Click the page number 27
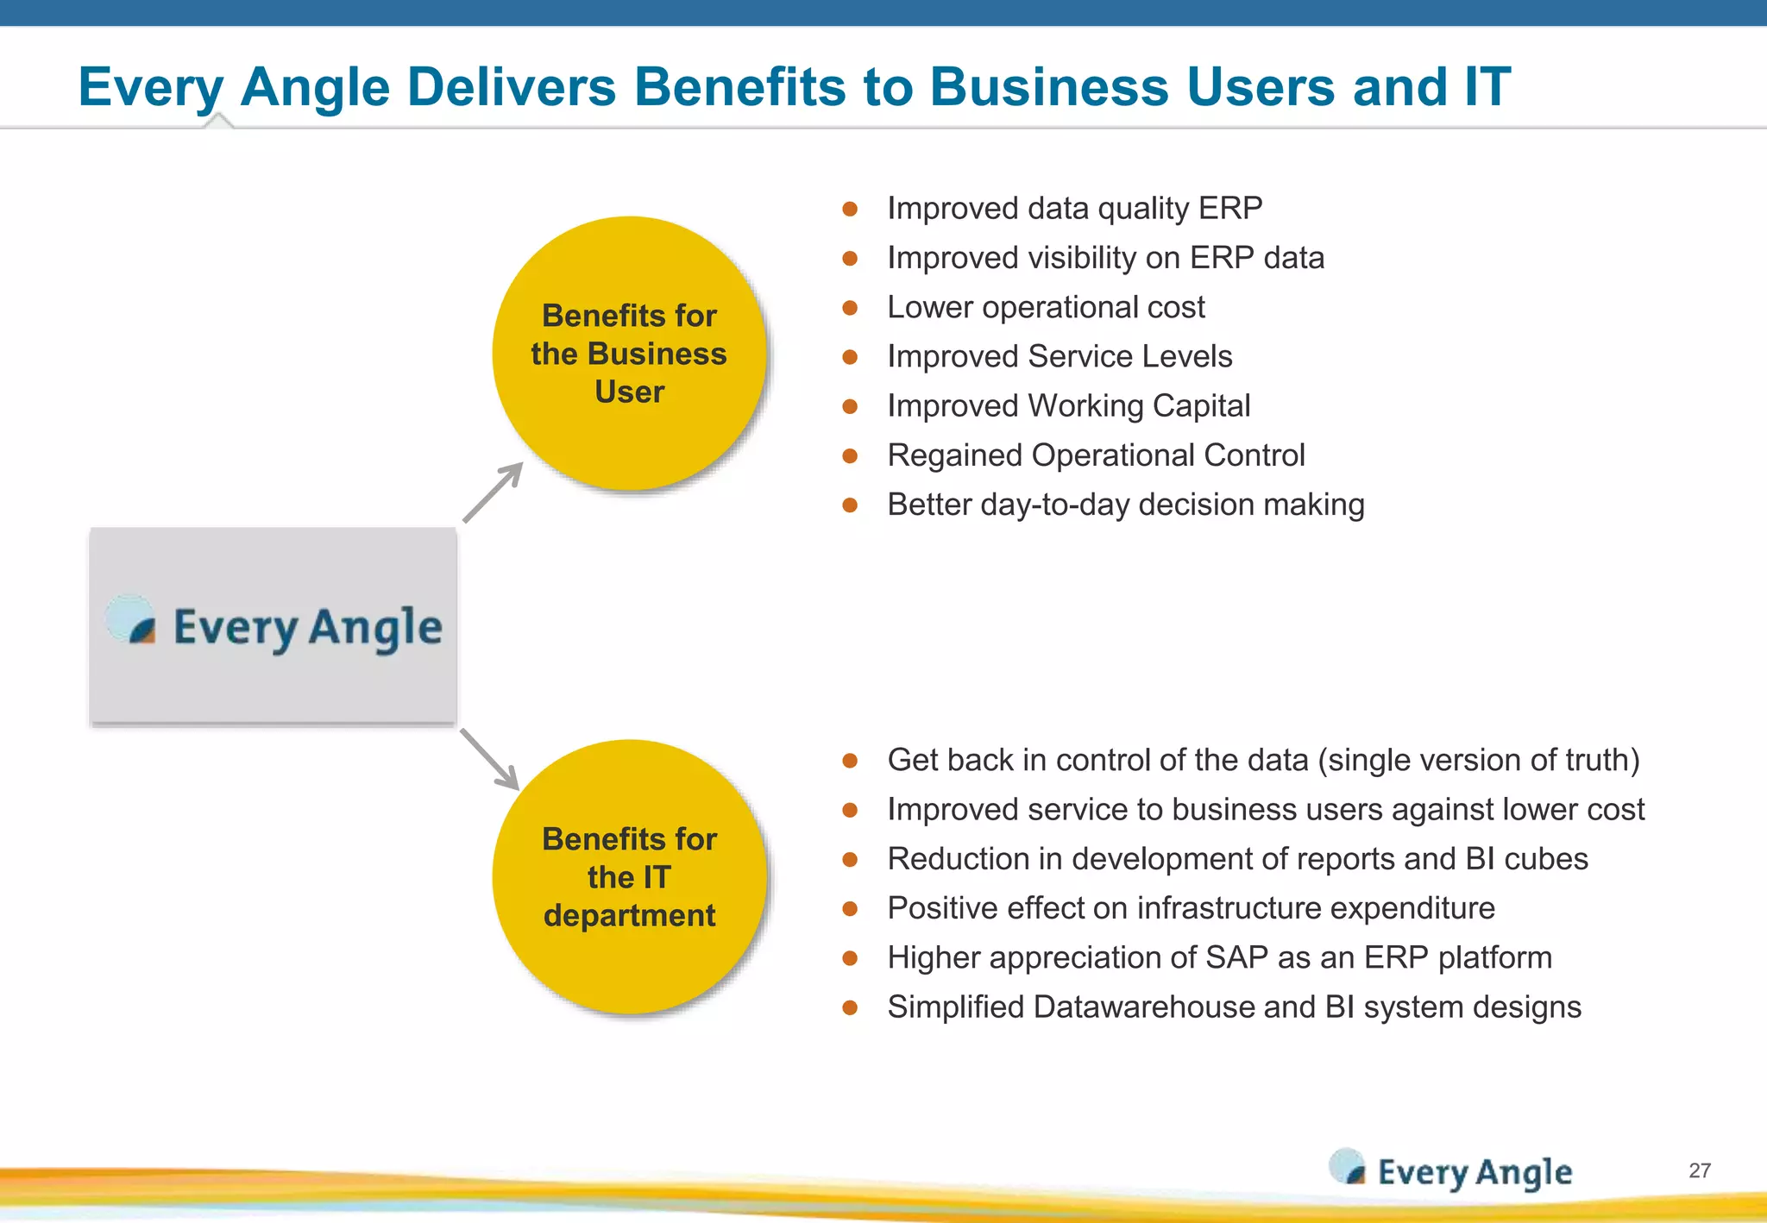1700,1170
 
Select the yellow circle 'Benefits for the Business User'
630,354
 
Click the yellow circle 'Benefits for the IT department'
630,877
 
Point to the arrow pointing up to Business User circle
494,492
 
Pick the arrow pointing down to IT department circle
489,759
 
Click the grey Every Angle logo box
273,627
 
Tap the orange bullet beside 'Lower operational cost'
850,308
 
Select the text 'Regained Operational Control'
1096,455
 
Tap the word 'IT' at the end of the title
1487,87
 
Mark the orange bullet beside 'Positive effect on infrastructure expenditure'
850,909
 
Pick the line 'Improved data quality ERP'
1074,209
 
